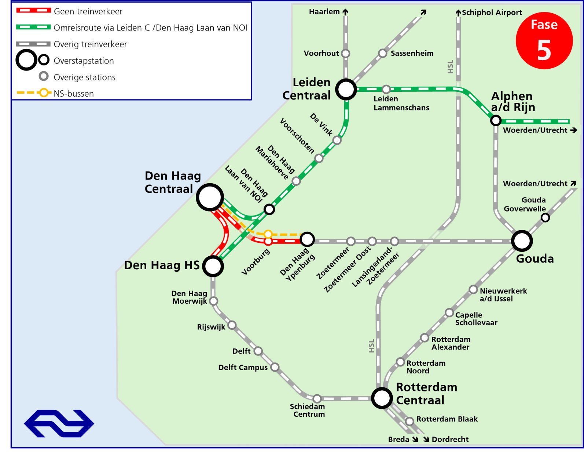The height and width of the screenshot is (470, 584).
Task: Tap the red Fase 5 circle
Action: coord(544,40)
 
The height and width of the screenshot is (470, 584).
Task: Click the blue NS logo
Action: coord(59,423)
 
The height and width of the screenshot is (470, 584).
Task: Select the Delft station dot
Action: coord(258,351)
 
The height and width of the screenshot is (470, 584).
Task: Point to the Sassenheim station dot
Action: coord(383,53)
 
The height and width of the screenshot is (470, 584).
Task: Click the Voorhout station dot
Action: coord(346,53)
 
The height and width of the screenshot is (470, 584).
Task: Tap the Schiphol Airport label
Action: coord(492,13)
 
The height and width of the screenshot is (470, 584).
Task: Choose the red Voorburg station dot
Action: coord(268,241)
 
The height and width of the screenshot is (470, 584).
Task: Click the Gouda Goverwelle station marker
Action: coord(545,218)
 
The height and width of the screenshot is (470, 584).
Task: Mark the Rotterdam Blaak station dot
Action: coord(409,422)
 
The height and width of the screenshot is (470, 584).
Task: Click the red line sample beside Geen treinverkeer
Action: coord(33,10)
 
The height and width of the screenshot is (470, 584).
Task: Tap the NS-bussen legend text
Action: coord(74,94)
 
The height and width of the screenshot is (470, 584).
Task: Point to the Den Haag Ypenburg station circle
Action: coord(307,239)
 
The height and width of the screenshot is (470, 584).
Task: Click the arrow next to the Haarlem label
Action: coord(345,12)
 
